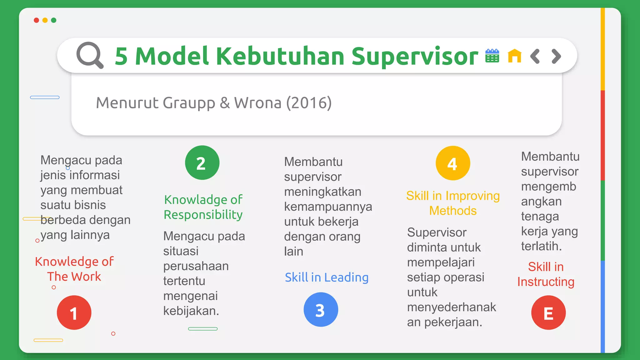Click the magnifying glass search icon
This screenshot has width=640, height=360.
pyautogui.click(x=90, y=55)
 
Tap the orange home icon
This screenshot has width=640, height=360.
pyautogui.click(x=514, y=56)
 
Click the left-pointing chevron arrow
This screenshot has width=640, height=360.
pyautogui.click(x=535, y=56)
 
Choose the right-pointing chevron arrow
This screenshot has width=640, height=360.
pyautogui.click(x=556, y=56)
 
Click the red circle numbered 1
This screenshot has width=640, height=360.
pyautogui.click(x=74, y=312)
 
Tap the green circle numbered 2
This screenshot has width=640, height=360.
pyautogui.click(x=202, y=163)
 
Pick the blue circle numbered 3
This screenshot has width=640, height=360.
pyautogui.click(x=321, y=310)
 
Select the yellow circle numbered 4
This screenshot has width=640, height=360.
pyautogui.click(x=453, y=163)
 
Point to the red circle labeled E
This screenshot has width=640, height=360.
pyautogui.click(x=548, y=312)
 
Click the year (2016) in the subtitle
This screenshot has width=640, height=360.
pyautogui.click(x=309, y=103)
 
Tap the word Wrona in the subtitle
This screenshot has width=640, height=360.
pyautogui.click(x=258, y=103)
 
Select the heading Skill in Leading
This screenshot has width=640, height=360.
pyautogui.click(x=327, y=277)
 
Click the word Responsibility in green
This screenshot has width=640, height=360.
pyautogui.click(x=203, y=215)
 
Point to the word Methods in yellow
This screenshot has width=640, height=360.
pyautogui.click(x=453, y=211)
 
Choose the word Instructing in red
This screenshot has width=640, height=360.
pyautogui.click(x=546, y=282)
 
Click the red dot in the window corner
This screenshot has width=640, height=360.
pyautogui.click(x=36, y=20)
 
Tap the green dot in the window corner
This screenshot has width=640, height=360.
pyautogui.click(x=54, y=20)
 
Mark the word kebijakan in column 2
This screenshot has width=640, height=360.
pyautogui.click(x=191, y=311)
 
